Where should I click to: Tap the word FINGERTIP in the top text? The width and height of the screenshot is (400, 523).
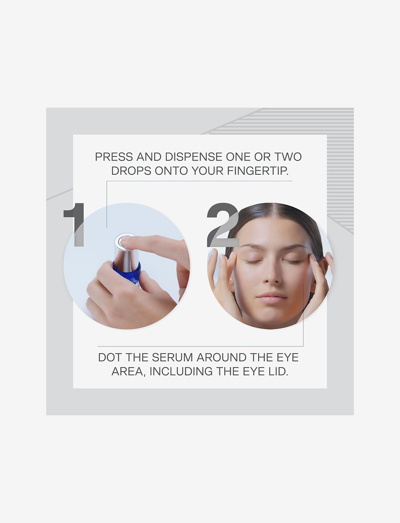coord(258,171)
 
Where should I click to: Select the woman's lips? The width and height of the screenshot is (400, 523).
coord(271,298)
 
